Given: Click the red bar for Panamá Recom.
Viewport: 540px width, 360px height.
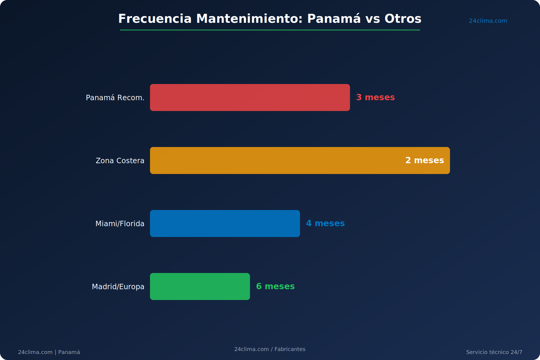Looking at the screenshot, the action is point(250,97).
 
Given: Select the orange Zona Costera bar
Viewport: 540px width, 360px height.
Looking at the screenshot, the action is point(300,160).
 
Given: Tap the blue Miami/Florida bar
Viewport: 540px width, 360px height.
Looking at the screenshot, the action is point(225,223).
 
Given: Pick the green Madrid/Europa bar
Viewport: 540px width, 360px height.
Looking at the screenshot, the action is point(200,286).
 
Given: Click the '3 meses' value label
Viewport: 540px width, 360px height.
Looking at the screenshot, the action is point(375,97).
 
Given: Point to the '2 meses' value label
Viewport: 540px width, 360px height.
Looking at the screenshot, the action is point(424,160).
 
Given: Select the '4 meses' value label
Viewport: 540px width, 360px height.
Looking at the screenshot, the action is point(325,223).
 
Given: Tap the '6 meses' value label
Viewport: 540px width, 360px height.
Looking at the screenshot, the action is point(275,286).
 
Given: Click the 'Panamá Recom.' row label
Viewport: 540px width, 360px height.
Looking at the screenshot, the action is point(115,97).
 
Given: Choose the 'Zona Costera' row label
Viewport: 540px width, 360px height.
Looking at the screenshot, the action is point(120,160).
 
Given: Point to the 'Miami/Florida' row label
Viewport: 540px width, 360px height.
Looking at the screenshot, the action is point(120,223).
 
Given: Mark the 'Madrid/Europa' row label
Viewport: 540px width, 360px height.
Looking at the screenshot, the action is point(118,286).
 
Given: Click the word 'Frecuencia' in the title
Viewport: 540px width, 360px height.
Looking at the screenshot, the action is point(155,19).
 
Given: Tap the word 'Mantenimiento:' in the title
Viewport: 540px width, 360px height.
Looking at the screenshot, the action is point(249,19).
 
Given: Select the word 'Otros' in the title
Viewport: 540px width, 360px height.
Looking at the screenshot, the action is point(403,19).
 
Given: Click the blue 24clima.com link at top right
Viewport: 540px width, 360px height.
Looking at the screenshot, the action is point(488,21).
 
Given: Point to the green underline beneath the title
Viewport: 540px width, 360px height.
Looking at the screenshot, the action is point(270,30).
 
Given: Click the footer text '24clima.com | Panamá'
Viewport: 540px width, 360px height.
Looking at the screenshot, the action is point(49,352).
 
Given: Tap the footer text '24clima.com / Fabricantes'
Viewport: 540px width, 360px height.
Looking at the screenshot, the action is point(270,349).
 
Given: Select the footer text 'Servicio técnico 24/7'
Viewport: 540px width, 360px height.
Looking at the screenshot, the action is point(494,352).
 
